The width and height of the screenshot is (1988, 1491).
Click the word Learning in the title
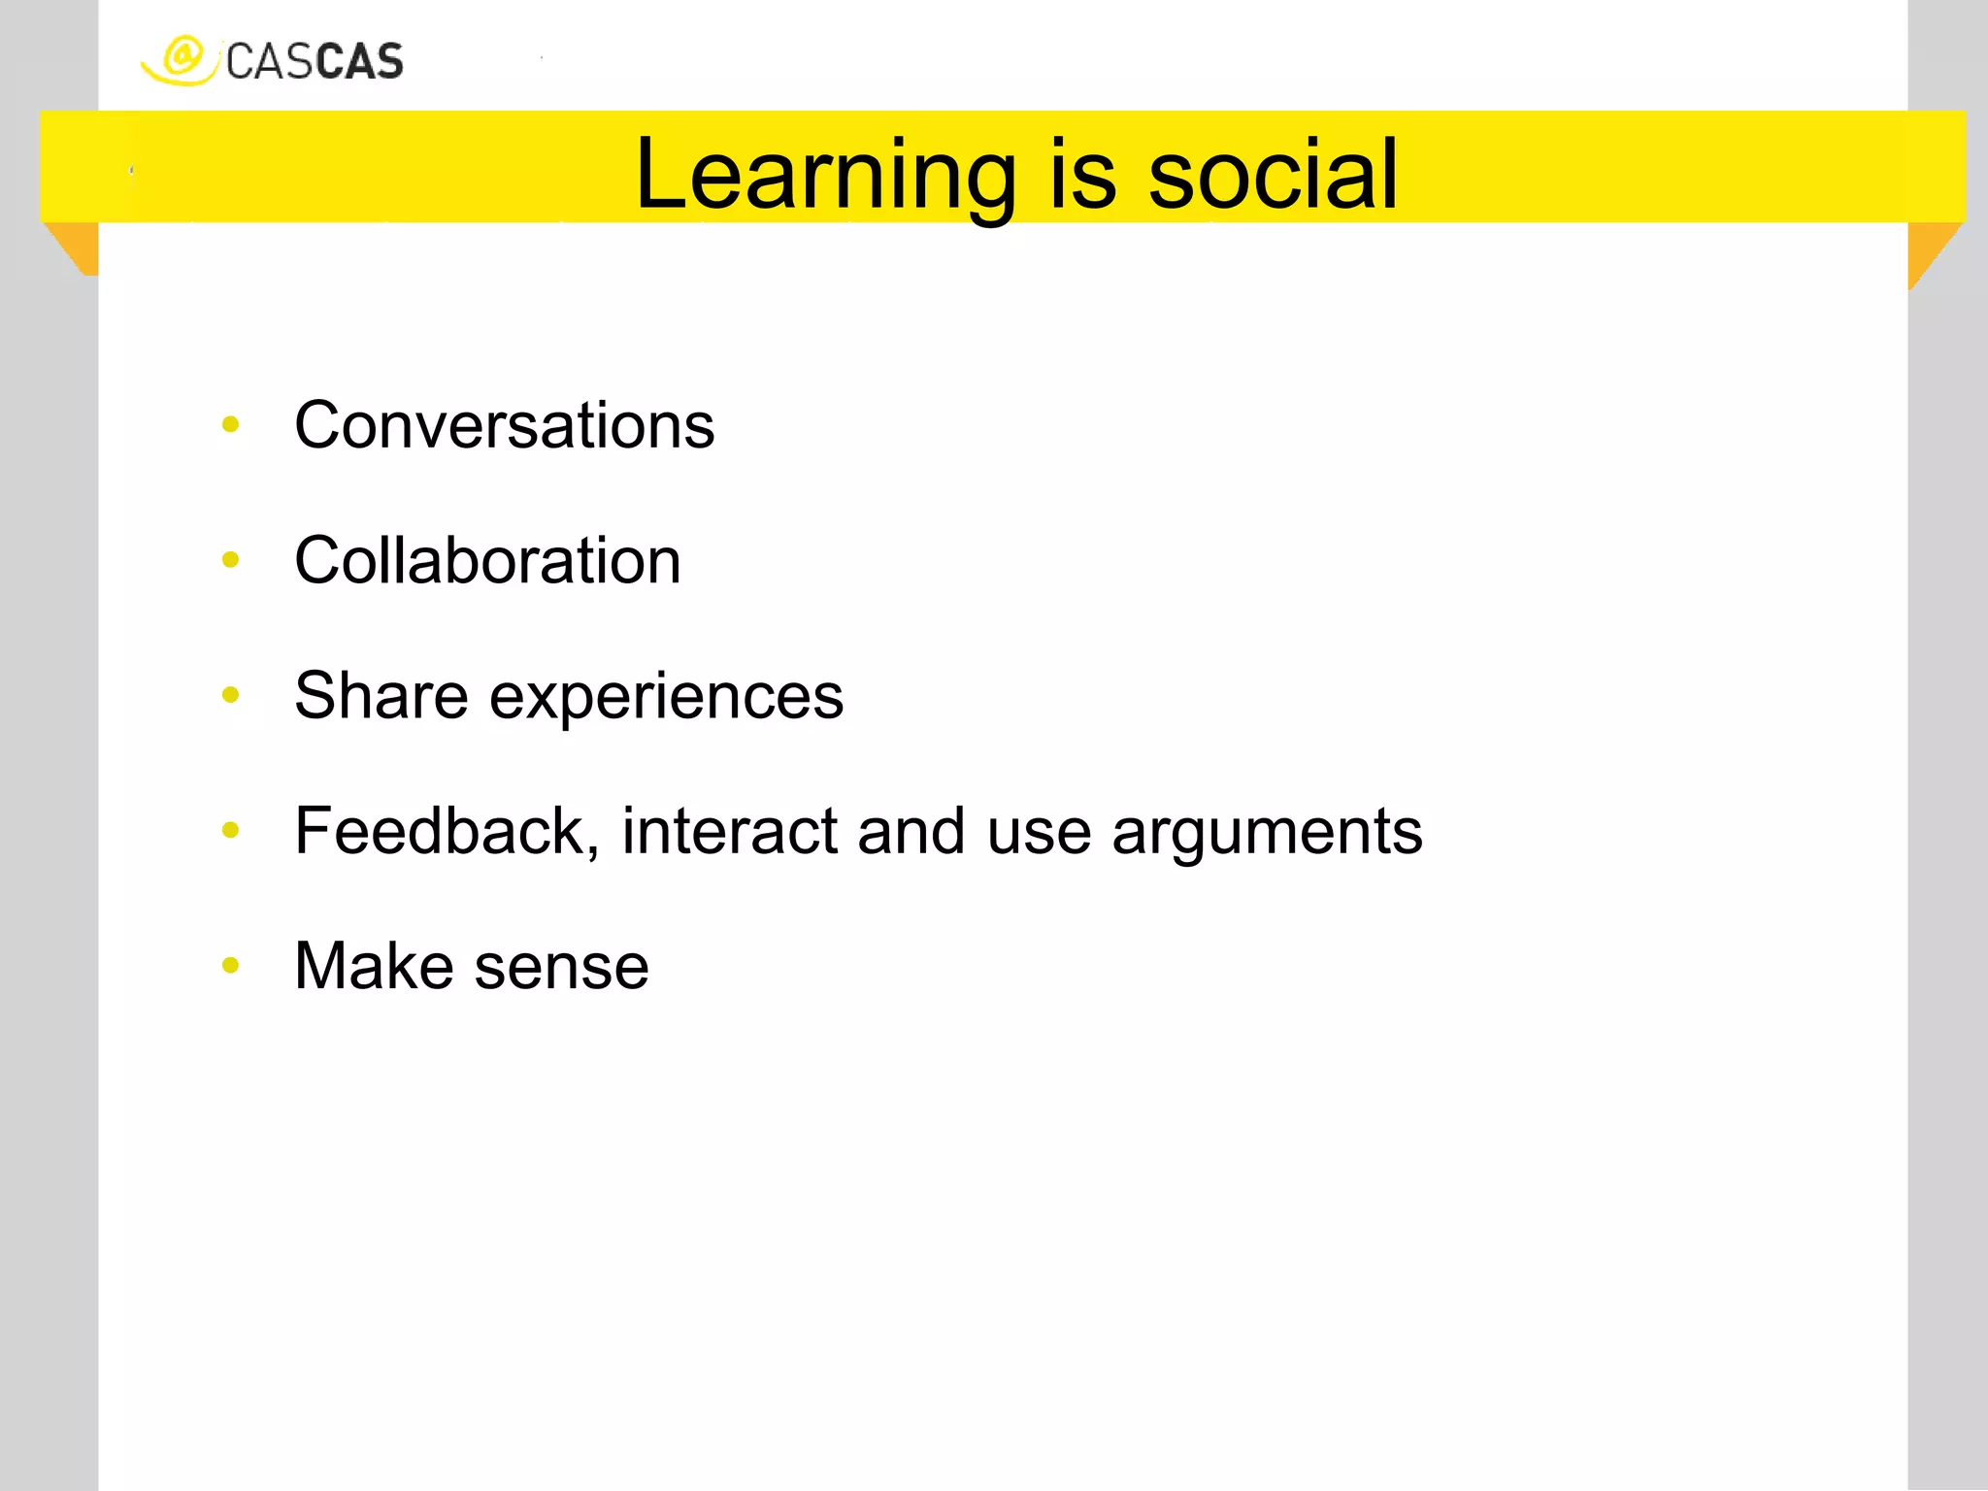(x=825, y=176)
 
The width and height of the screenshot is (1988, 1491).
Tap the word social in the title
(x=1273, y=174)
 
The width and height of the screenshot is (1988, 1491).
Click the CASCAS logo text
(x=315, y=62)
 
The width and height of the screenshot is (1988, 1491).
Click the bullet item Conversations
(x=504, y=425)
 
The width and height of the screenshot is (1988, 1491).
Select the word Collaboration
(x=487, y=561)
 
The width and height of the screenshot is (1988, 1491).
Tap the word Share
(x=381, y=696)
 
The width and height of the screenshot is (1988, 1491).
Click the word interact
(x=730, y=831)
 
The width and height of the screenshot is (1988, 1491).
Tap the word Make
(x=374, y=966)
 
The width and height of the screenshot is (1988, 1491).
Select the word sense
(x=562, y=968)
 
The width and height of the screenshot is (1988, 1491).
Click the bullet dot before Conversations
(x=230, y=423)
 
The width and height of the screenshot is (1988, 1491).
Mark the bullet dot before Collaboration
(x=230, y=559)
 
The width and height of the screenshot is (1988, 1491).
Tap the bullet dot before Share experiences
(x=230, y=694)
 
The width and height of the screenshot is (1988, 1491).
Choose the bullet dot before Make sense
(x=230, y=965)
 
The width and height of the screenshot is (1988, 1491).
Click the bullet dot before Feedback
(x=230, y=829)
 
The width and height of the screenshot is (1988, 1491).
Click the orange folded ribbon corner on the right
(x=1928, y=248)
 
